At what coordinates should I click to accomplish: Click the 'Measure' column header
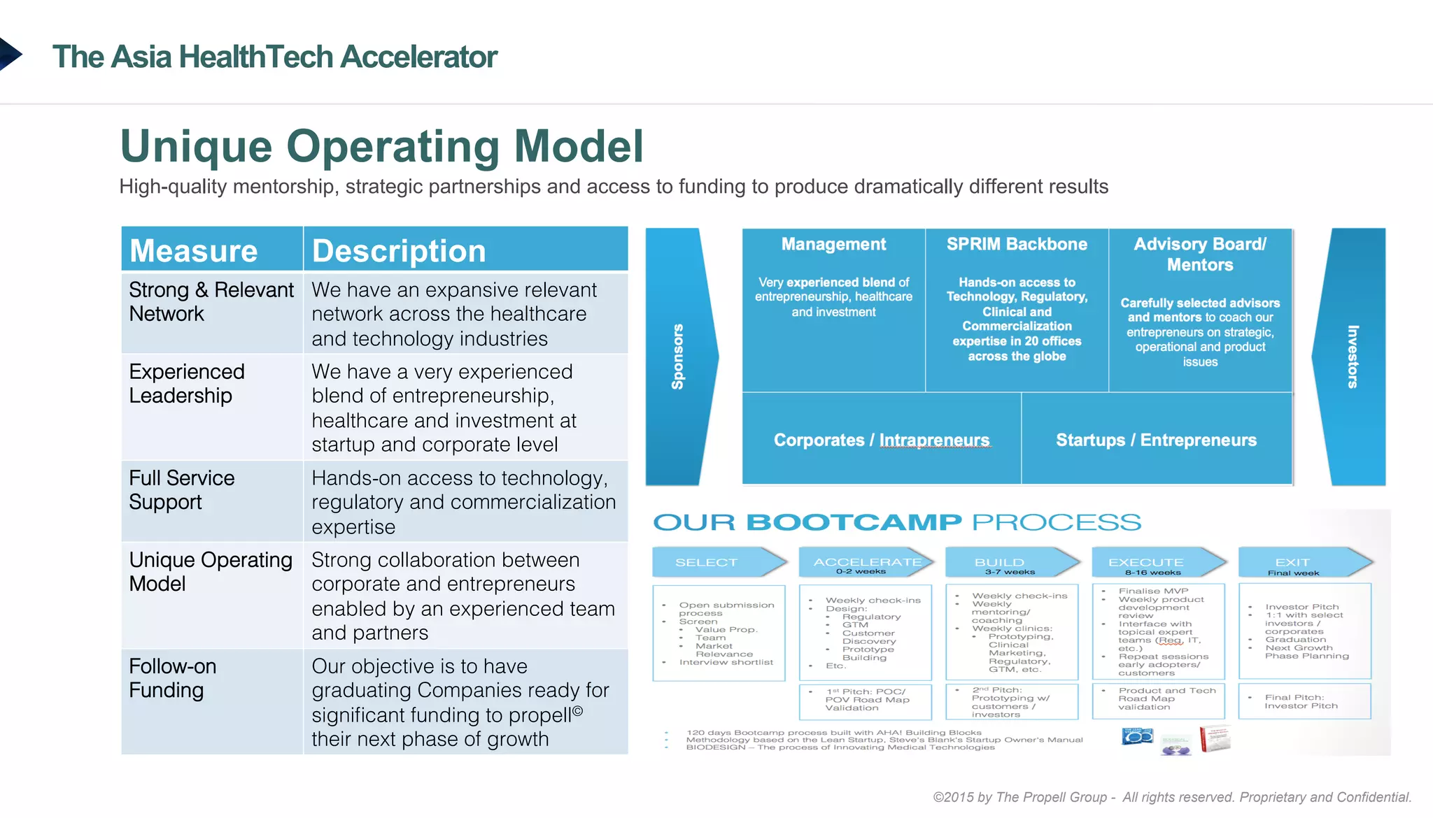point(194,251)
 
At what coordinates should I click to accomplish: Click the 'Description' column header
point(399,251)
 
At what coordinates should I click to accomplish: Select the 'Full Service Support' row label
point(182,490)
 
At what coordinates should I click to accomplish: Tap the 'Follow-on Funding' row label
point(173,678)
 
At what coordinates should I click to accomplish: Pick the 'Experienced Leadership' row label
point(187,384)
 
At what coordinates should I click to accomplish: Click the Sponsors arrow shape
point(679,357)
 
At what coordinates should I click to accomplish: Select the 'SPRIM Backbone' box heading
point(1017,245)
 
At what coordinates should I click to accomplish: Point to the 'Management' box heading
point(833,245)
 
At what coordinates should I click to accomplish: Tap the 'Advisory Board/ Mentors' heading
point(1200,254)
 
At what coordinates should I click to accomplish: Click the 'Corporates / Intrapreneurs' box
point(882,440)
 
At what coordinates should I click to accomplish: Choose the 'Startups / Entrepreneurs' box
point(1156,440)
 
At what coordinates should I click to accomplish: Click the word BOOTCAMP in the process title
point(854,522)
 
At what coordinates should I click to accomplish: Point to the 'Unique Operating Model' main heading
point(381,146)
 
